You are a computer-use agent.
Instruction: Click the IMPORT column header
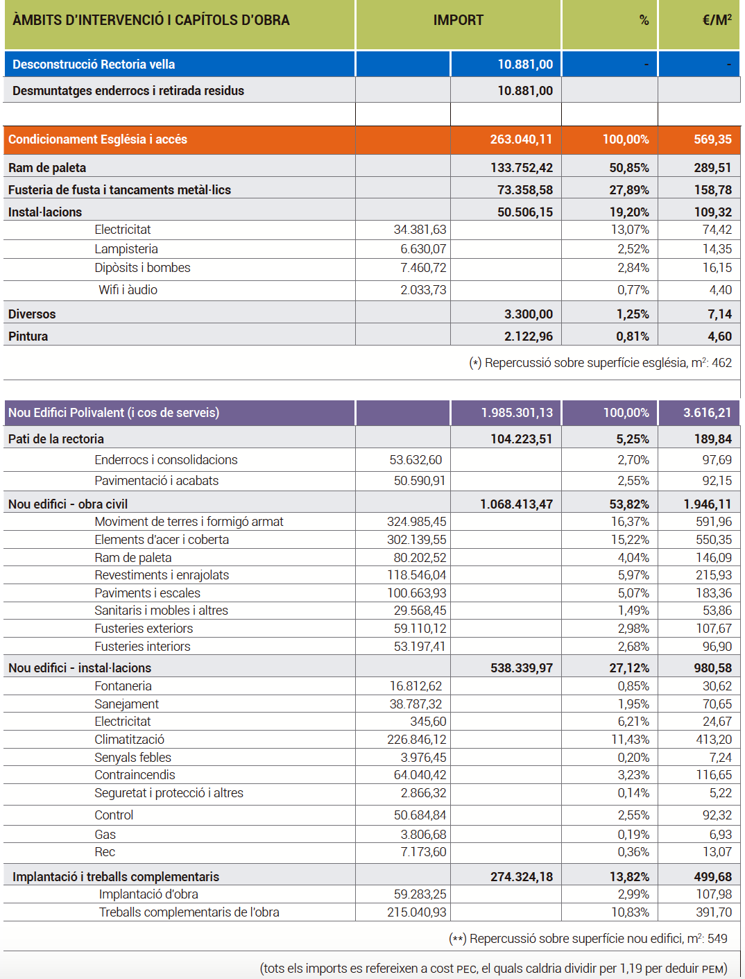tap(458, 20)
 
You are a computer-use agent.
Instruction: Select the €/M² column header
tap(717, 20)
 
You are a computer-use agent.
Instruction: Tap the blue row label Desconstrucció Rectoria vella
tap(94, 65)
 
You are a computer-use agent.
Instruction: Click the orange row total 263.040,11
tap(521, 139)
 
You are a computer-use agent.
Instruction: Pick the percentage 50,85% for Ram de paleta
tap(629, 168)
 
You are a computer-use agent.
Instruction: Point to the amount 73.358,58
tap(524, 190)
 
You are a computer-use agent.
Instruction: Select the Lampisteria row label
tap(126, 249)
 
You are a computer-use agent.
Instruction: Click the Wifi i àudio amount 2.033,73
tap(423, 290)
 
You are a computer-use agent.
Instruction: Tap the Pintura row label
tap(28, 337)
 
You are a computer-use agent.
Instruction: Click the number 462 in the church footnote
tap(722, 363)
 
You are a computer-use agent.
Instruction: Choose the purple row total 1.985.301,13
tap(517, 413)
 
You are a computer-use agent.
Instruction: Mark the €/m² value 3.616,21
tap(708, 413)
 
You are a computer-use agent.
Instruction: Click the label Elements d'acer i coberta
tap(162, 540)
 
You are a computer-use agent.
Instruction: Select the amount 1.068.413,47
tap(516, 504)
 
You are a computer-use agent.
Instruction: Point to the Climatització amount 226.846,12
tap(416, 740)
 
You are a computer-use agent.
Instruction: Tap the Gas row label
tap(105, 835)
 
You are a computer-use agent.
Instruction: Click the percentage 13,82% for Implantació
tap(629, 877)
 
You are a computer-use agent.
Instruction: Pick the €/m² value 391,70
tap(714, 912)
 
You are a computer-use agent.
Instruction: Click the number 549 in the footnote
tap(717, 939)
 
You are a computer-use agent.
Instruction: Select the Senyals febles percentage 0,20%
tap(633, 758)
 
